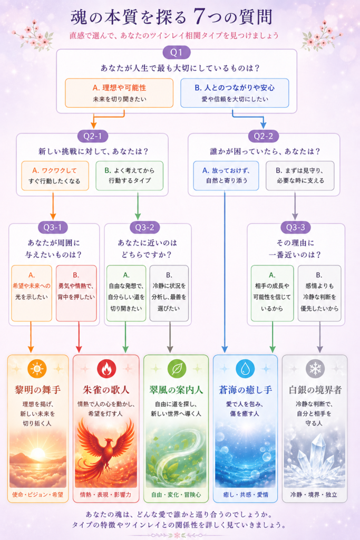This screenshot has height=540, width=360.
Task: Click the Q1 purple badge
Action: [x=177, y=52]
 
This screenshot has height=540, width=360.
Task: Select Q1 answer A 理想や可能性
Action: [x=119, y=93]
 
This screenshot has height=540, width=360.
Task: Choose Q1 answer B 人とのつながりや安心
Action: [x=235, y=93]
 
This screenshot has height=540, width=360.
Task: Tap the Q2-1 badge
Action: [x=93, y=136]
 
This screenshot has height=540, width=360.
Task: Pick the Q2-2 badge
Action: [x=264, y=136]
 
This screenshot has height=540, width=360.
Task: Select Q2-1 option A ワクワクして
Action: [x=55, y=176]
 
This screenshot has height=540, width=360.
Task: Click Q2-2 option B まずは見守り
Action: [x=300, y=176]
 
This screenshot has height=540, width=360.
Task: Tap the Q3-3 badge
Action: [x=296, y=227]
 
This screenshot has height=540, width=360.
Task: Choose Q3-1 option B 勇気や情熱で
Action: [x=76, y=293]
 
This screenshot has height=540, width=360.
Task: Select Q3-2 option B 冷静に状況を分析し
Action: [x=169, y=293]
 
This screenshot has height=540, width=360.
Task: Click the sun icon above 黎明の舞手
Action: [x=37, y=369]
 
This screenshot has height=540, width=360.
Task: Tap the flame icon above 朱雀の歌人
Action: [x=106, y=369]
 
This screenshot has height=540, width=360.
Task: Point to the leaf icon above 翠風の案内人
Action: [x=177, y=369]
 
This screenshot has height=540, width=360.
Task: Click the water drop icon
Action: [x=245, y=369]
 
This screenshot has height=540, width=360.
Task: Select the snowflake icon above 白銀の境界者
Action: [x=315, y=369]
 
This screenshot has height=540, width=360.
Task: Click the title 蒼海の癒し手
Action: [x=246, y=390]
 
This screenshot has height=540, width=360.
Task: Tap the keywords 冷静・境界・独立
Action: [x=314, y=495]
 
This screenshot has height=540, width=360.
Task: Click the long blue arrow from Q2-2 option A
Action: [x=225, y=272]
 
